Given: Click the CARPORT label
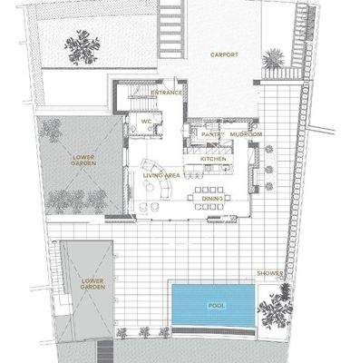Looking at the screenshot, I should (x=224, y=54).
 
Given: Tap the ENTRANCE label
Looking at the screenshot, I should (x=167, y=93).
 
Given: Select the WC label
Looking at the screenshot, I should (x=145, y=121).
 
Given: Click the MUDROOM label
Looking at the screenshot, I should (x=246, y=134).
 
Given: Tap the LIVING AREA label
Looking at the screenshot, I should (x=161, y=174).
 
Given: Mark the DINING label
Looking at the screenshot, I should (x=212, y=197).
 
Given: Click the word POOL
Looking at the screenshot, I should (x=217, y=306).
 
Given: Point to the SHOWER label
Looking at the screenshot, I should (x=269, y=272).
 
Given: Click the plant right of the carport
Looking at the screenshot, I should (x=273, y=60).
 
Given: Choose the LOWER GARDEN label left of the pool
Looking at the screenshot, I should (x=92, y=284).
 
